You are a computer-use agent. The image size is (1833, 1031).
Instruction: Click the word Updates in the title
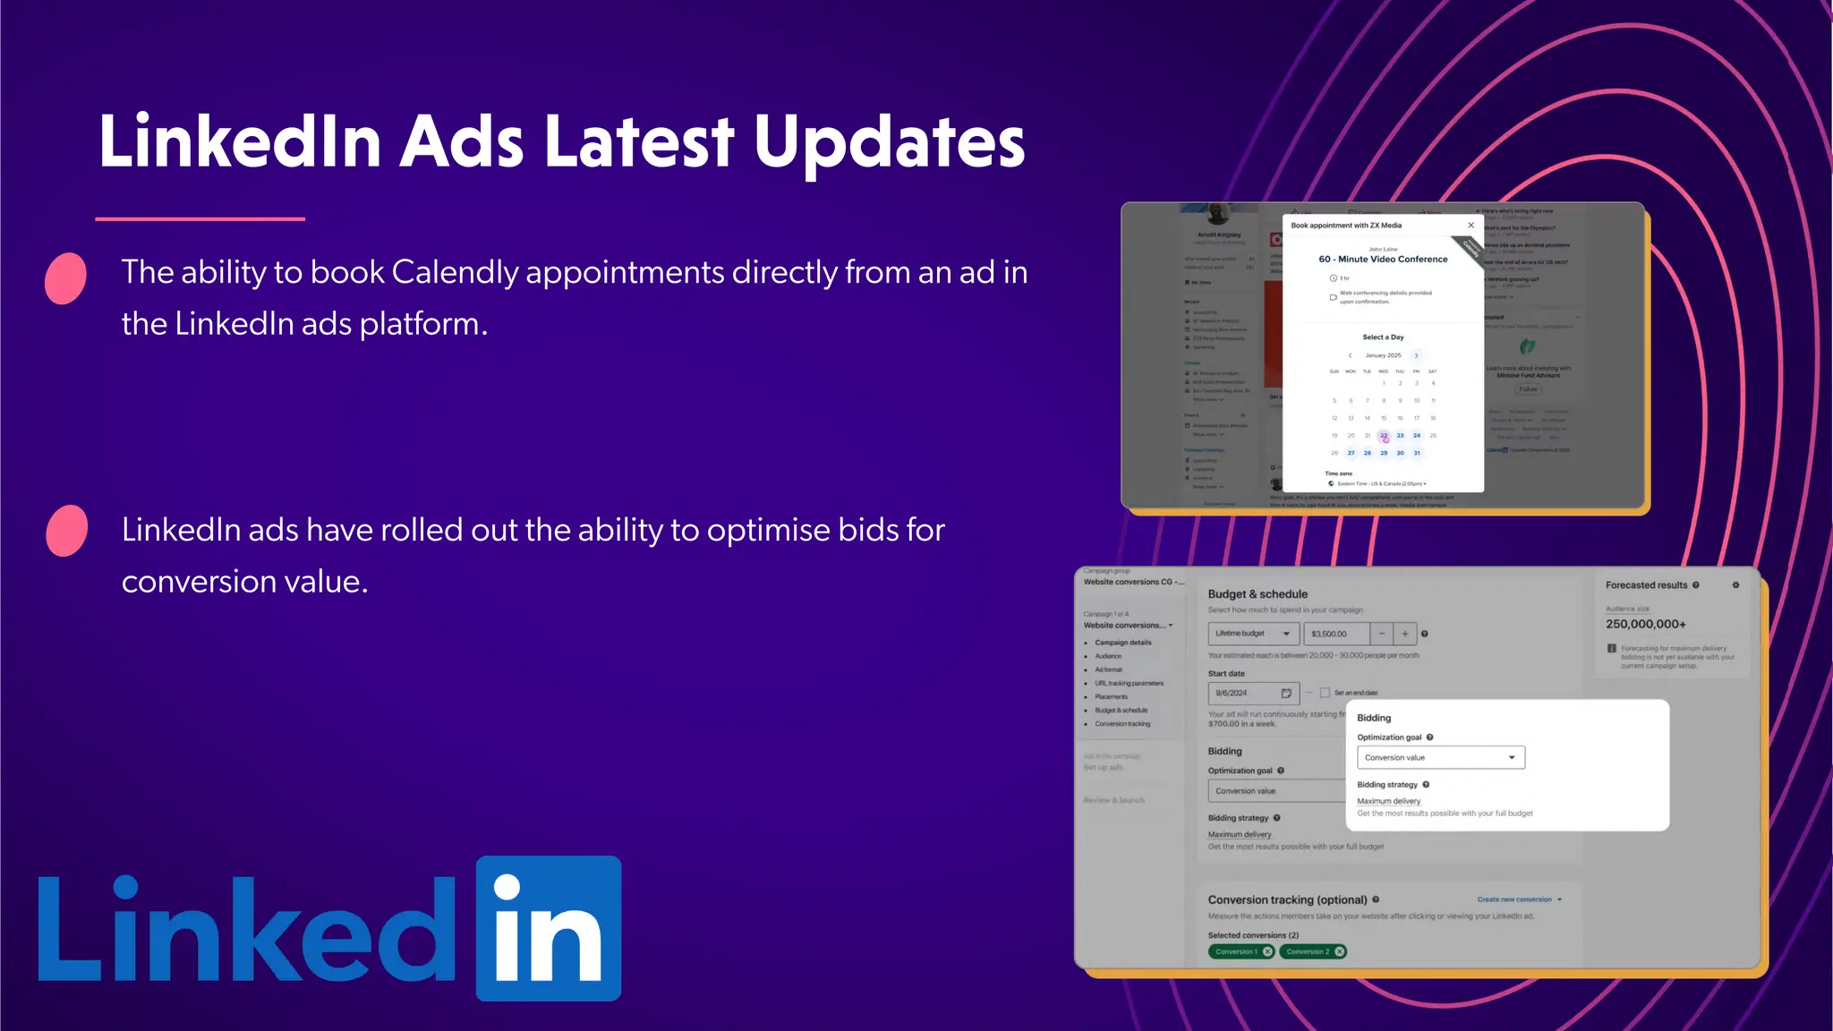tap(889, 142)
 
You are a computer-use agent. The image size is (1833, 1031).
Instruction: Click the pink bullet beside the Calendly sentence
tap(65, 278)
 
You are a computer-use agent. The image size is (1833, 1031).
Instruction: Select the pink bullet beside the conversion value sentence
tap(66, 531)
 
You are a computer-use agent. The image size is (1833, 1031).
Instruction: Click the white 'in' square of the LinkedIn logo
tap(548, 928)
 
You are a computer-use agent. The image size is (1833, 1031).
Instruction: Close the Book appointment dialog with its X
tap(1471, 226)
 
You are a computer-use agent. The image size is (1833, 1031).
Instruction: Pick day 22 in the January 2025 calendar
tap(1384, 436)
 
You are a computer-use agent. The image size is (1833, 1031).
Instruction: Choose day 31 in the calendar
tap(1417, 453)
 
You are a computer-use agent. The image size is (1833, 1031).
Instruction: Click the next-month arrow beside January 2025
tap(1416, 355)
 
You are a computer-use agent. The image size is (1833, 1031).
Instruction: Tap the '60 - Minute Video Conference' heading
tap(1383, 260)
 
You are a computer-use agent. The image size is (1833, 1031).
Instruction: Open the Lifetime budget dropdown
tap(1253, 634)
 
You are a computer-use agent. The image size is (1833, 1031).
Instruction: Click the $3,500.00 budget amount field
tap(1335, 634)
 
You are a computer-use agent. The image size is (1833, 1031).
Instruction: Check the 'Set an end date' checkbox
tap(1325, 693)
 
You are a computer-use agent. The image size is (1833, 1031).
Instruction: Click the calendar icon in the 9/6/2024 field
tap(1286, 693)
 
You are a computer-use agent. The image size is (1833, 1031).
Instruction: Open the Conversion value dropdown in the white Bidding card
tap(1440, 757)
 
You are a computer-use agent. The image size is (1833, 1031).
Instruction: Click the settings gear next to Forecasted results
tap(1735, 585)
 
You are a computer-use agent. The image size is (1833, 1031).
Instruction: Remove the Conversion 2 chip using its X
tap(1340, 951)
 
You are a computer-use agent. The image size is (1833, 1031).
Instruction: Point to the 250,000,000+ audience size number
tap(1645, 624)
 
